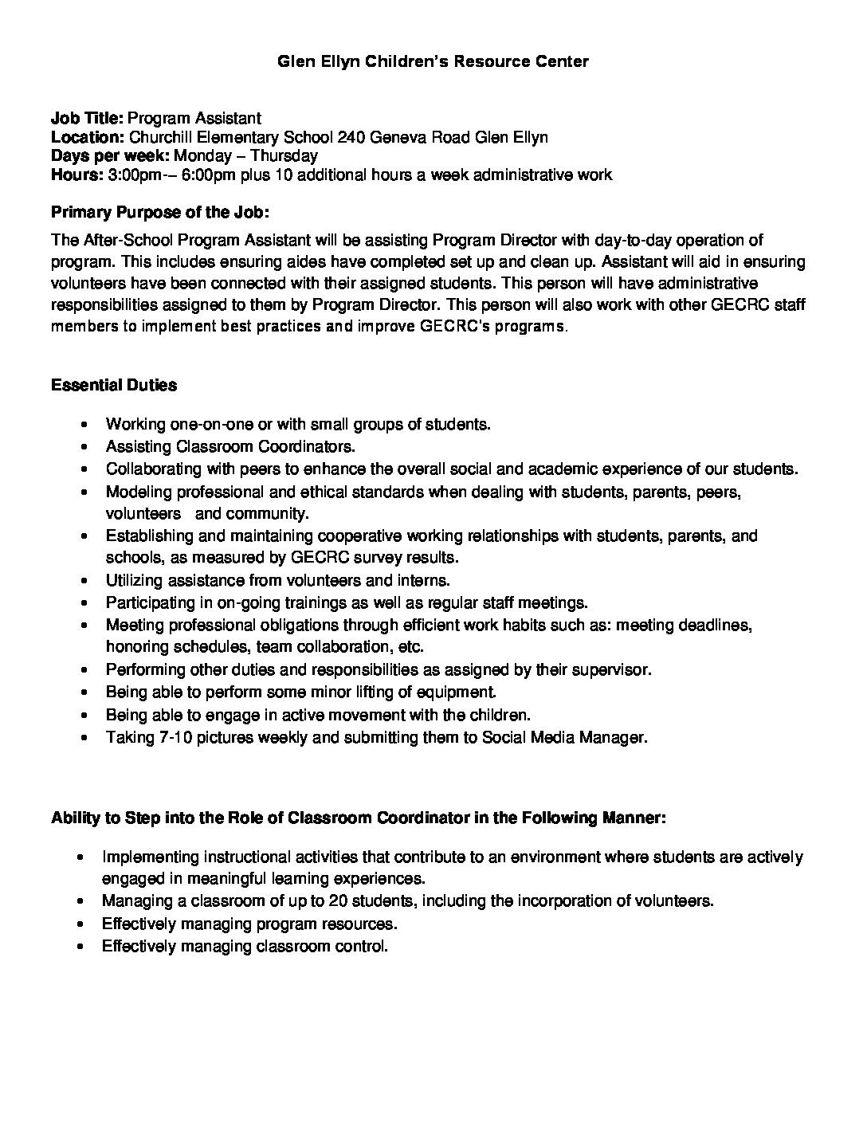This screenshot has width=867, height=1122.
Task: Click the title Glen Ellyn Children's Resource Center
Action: click(x=433, y=61)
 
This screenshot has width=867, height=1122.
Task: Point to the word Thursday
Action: click(x=284, y=155)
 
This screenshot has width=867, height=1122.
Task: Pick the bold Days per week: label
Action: click(x=110, y=155)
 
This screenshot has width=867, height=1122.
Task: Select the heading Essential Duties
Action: click(x=114, y=385)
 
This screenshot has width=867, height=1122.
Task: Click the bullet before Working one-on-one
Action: click(x=84, y=426)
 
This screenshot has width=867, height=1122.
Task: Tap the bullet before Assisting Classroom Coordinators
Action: click(x=84, y=447)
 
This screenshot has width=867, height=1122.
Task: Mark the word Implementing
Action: click(x=150, y=857)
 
